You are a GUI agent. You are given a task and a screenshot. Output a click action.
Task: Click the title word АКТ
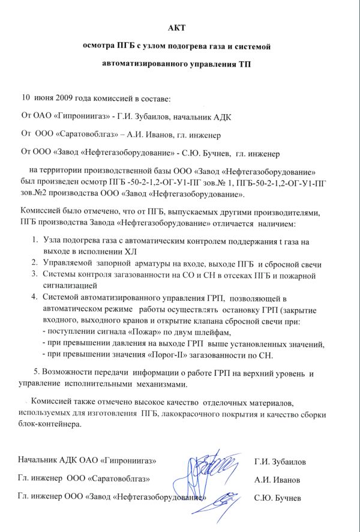[180, 28]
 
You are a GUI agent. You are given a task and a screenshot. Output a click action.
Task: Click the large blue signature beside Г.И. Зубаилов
[207, 470]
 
